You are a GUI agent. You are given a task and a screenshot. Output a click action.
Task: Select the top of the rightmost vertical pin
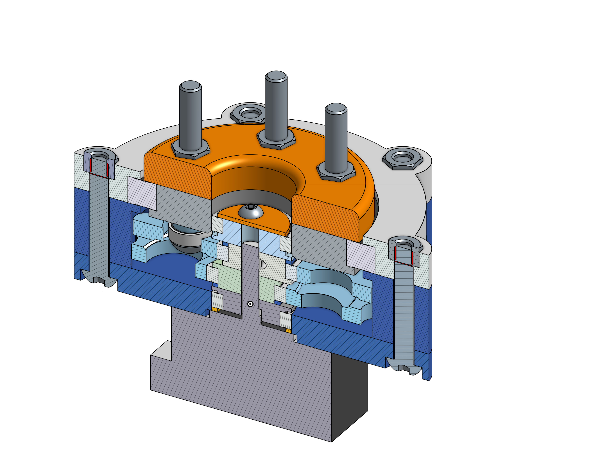coord(336,108)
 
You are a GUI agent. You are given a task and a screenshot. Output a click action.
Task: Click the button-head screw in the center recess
coord(251,212)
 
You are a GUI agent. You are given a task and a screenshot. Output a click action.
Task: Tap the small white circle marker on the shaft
coord(250,304)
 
